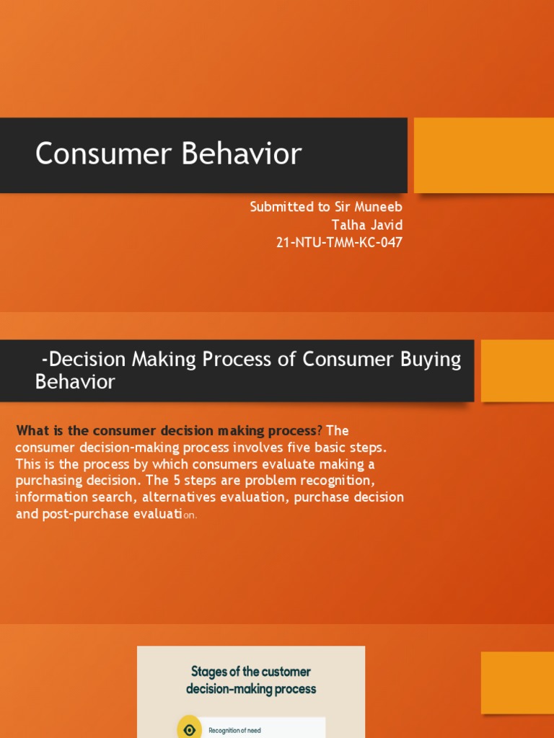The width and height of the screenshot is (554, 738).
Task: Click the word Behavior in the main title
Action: pyautogui.click(x=241, y=154)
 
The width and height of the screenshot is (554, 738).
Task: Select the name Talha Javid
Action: pyautogui.click(x=367, y=225)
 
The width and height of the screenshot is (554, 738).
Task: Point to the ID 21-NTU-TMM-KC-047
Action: pyautogui.click(x=339, y=242)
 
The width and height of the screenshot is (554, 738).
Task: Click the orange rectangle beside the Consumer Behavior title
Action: pyautogui.click(x=484, y=156)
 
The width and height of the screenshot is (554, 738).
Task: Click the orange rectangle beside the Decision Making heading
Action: pyautogui.click(x=517, y=370)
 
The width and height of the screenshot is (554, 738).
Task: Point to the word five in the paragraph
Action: pyautogui.click(x=298, y=447)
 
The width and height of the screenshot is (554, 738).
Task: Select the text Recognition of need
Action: pyautogui.click(x=234, y=731)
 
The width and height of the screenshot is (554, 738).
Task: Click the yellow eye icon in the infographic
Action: pyautogui.click(x=190, y=729)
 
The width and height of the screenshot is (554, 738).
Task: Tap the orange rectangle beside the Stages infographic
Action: pyautogui.click(x=517, y=683)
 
